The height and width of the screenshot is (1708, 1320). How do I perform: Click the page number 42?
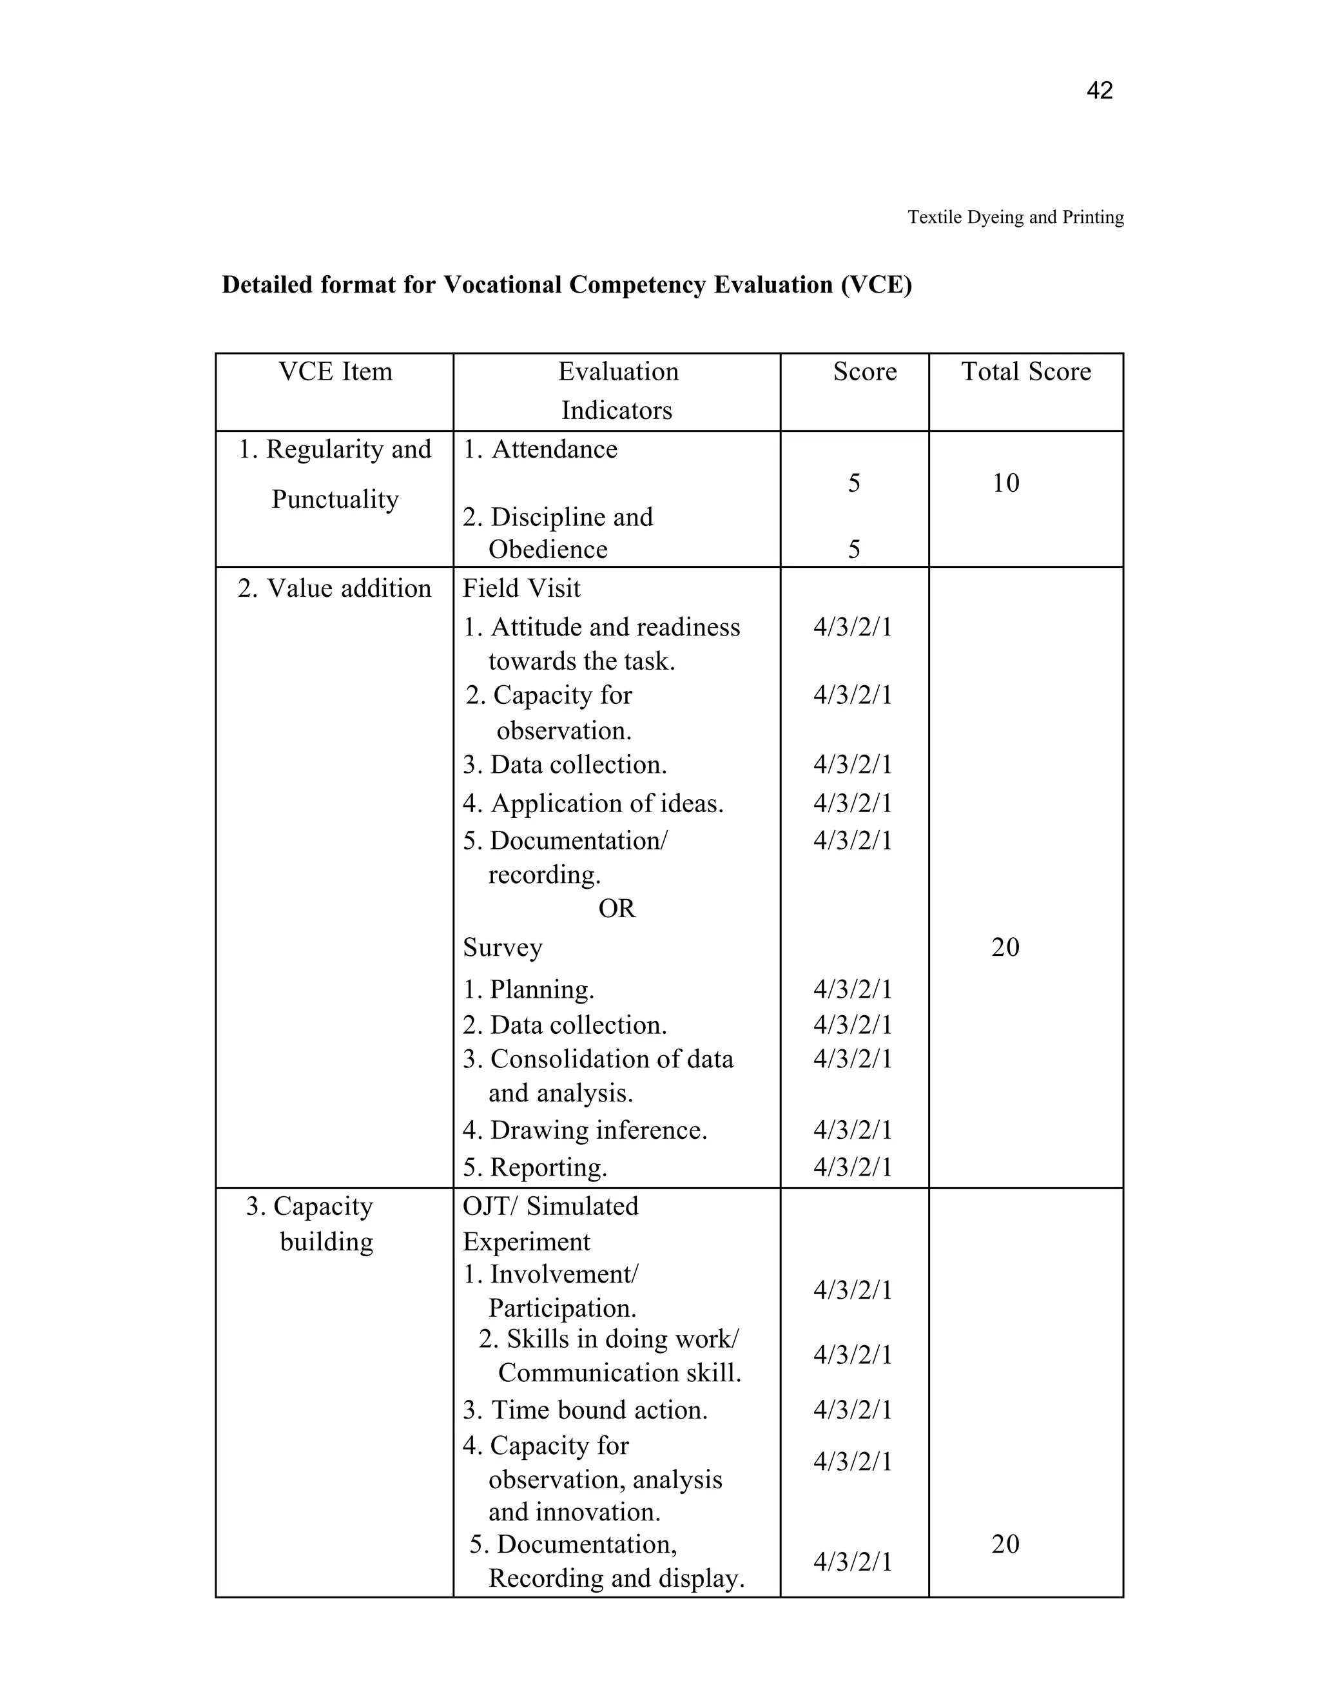coord(1099,92)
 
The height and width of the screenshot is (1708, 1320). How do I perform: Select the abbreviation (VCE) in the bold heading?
coord(876,285)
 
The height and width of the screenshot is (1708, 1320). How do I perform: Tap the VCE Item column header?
coord(335,371)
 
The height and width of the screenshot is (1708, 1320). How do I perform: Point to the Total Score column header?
coord(1025,371)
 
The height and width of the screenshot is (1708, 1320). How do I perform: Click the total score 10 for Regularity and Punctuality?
coord(1005,483)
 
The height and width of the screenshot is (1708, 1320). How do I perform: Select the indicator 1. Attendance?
coord(539,450)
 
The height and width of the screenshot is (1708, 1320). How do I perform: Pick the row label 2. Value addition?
coord(334,588)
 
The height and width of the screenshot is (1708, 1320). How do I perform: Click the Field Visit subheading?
coord(521,588)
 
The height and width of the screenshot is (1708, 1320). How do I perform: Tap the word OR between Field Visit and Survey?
coord(616,909)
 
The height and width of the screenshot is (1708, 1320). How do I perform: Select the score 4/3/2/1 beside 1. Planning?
coord(852,990)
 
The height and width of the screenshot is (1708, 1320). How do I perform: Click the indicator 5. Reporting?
coord(535,1168)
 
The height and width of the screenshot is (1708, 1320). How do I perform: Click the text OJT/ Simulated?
coord(550,1207)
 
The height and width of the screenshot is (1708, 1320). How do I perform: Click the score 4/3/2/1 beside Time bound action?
coord(852,1410)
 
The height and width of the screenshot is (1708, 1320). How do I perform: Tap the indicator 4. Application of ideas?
coord(593,804)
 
